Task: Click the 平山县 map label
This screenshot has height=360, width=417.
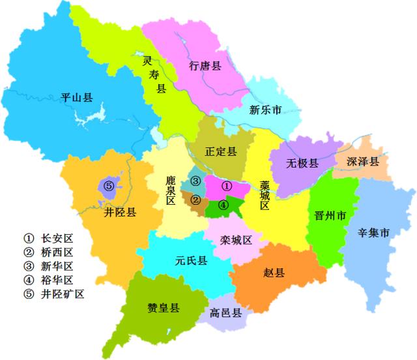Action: pos(76,98)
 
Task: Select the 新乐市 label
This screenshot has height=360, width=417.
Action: pos(265,111)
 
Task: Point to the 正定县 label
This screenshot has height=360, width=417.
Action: pos(220,151)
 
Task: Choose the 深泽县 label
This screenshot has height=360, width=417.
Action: pos(362,161)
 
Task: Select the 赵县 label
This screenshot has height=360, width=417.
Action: pos(274,272)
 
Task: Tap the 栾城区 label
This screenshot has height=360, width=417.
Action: pos(236,239)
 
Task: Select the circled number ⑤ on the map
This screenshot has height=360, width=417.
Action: pos(109,187)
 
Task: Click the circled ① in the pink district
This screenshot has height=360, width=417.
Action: pos(227,185)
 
